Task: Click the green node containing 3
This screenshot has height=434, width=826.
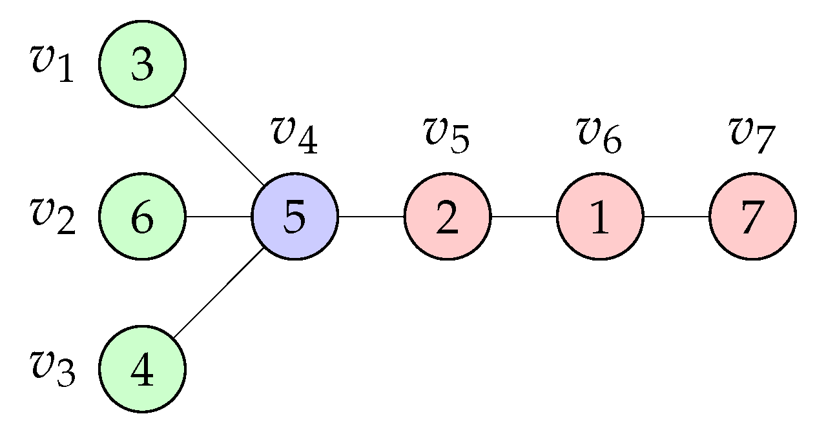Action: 142,64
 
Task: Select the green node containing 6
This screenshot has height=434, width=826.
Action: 142,216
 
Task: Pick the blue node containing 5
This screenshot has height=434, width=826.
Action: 294,216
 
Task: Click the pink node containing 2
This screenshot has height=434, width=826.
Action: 447,216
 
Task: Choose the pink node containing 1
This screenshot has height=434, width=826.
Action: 600,216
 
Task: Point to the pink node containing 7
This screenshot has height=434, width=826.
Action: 752,216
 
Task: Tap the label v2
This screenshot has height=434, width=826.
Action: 52,216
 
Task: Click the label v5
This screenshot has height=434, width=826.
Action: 446,135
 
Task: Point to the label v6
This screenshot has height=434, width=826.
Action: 599,135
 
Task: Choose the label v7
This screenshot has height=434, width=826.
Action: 751,135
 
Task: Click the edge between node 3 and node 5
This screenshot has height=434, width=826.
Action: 218,140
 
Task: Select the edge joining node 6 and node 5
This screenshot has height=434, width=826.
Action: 218,216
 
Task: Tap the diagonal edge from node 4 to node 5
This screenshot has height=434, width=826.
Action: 218,292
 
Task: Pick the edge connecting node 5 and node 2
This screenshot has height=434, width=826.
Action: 371,216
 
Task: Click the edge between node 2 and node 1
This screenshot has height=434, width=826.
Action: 524,216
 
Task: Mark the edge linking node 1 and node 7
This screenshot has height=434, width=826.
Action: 676,216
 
